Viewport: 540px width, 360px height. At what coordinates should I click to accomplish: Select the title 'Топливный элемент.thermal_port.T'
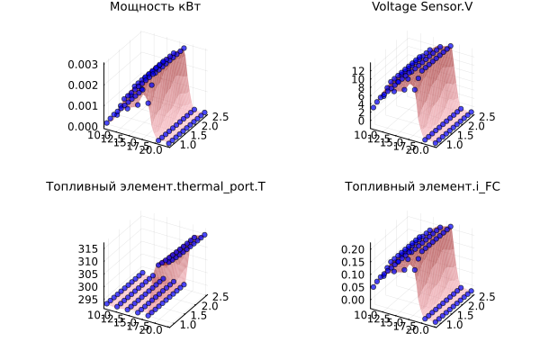point(156,187)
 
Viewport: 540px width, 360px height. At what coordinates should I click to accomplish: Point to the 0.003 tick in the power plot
point(84,64)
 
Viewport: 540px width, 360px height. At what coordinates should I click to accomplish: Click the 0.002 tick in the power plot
point(84,85)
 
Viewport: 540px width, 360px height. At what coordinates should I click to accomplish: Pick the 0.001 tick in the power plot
point(84,105)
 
